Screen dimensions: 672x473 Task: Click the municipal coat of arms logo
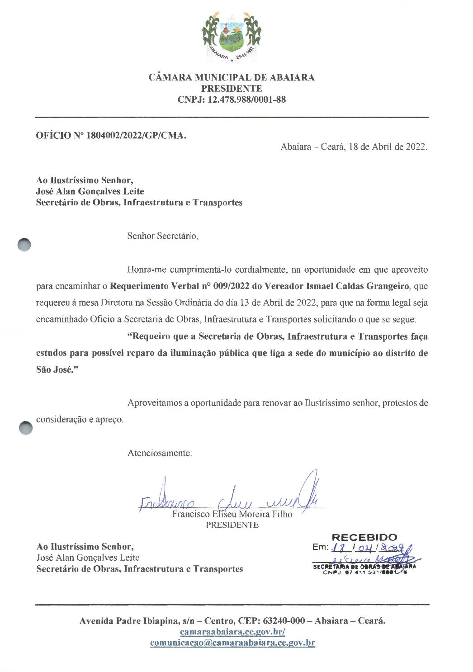pos(231,37)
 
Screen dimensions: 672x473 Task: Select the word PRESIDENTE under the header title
pos(232,89)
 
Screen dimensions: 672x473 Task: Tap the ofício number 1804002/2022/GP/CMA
pos(129,135)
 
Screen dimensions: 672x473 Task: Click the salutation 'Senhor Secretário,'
pos(163,236)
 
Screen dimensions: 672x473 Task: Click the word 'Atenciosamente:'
pos(160,453)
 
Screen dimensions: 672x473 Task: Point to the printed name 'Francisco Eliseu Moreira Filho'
pos(232,514)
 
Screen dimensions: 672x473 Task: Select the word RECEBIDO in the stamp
pos(364,537)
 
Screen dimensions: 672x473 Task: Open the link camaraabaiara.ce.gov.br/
pos(232,632)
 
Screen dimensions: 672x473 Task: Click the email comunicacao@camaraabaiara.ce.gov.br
pos(232,643)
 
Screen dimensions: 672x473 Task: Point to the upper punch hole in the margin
pos(24,244)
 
